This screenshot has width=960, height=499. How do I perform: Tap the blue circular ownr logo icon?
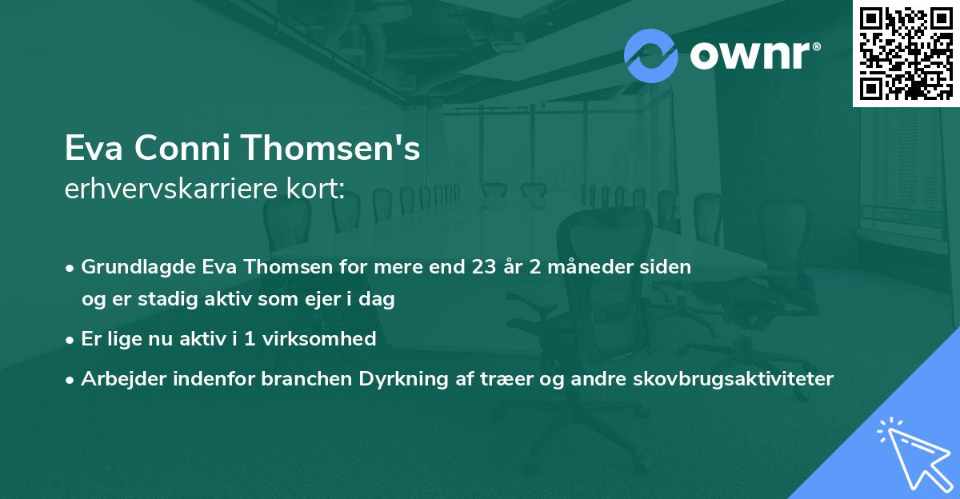651,56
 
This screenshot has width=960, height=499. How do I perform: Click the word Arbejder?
119,379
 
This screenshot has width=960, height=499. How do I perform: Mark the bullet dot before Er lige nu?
71,339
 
